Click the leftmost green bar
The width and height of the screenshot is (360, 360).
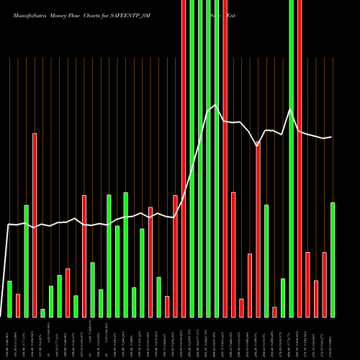click(9, 299)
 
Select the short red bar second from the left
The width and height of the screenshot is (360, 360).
click(18, 305)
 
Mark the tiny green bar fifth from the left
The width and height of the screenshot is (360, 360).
click(42, 312)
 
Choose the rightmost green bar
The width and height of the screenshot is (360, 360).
click(333, 259)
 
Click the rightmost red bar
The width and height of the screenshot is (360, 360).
click(324, 284)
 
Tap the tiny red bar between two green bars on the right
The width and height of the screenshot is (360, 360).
click(274, 312)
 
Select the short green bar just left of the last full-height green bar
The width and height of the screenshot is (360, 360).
click(283, 297)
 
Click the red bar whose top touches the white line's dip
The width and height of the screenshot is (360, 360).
click(258, 230)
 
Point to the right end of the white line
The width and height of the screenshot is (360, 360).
click(331, 137)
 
